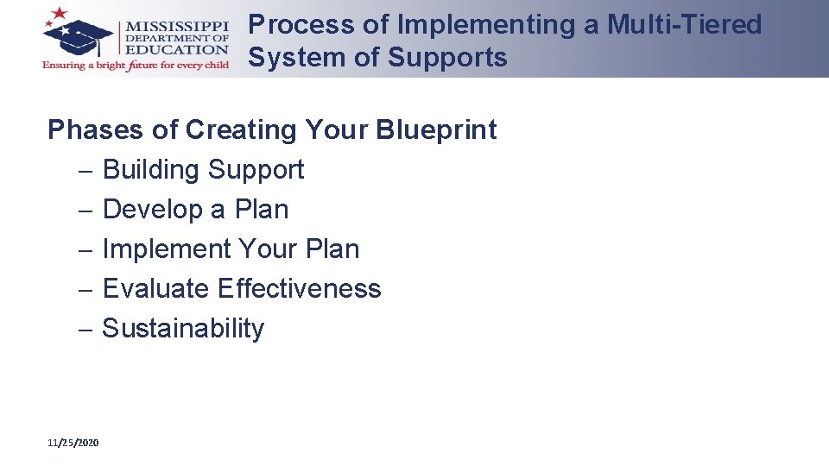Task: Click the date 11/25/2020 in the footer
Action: [x=73, y=443]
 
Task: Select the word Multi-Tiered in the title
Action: [x=685, y=25]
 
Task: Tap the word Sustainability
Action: [x=183, y=328]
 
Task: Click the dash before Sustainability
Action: [x=85, y=329]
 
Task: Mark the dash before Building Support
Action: [x=85, y=171]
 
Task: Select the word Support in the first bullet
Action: [x=256, y=170]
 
